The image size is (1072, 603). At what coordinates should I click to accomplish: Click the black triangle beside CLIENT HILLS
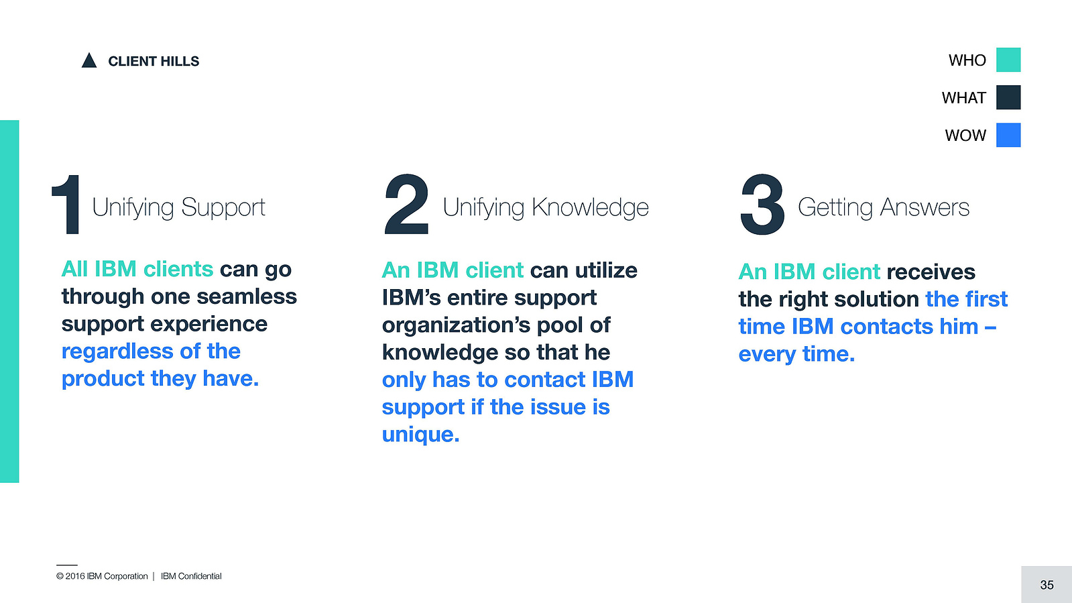point(89,61)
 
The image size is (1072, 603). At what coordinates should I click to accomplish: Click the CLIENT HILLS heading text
point(154,61)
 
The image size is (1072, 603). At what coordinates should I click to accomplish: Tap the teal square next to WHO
point(1008,60)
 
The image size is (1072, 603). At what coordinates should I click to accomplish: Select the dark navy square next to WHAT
point(1008,97)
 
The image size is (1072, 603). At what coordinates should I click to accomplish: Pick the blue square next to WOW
point(1008,135)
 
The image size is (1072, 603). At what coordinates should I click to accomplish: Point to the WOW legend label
point(965,135)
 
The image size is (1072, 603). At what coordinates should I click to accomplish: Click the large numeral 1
point(66,205)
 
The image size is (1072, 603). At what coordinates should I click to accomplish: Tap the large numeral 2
point(406,205)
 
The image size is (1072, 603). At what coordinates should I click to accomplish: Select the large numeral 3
point(762,205)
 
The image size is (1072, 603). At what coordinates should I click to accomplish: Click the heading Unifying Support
point(178,207)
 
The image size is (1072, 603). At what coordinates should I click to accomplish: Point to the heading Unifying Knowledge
point(546,207)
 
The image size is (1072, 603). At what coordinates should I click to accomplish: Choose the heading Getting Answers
point(884,207)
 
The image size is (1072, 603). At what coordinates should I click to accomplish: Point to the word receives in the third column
point(931,272)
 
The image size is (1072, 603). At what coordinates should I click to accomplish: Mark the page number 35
point(1047,585)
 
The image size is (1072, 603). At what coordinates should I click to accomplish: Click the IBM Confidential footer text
point(191,576)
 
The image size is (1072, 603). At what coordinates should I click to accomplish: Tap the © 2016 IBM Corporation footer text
point(102,576)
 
